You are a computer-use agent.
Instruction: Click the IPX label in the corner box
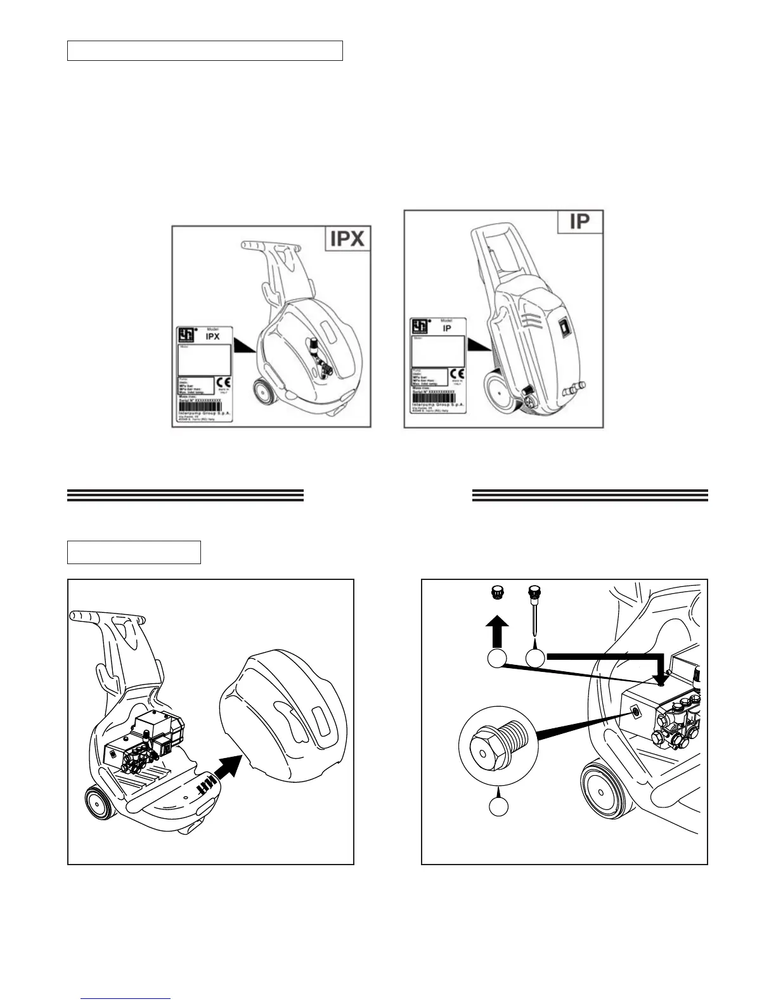(x=347, y=240)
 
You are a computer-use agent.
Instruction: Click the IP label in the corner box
(x=580, y=222)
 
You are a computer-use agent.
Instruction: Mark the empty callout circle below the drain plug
(x=498, y=806)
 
